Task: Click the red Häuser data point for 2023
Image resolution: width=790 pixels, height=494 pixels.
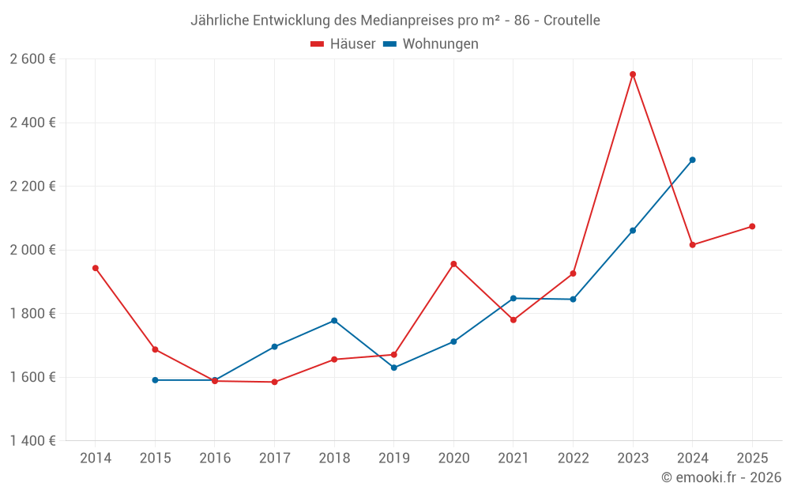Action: point(633,74)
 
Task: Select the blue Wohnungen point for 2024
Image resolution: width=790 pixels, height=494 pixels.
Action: point(693,160)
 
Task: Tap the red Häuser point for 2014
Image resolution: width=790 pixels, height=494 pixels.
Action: point(96,268)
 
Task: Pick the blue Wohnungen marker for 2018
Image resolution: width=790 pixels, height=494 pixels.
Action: point(334,320)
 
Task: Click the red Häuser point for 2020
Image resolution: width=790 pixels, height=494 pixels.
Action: point(453,264)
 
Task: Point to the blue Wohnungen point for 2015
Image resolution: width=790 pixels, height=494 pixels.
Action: point(155,380)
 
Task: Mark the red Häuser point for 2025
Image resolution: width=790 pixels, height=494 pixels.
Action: point(752,227)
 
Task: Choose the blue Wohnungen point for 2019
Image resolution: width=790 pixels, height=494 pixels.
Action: point(394,368)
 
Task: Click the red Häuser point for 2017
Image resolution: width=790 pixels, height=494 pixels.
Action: point(274,382)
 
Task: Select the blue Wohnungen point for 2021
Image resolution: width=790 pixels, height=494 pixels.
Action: point(513,298)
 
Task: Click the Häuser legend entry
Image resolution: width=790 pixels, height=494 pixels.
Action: point(343,44)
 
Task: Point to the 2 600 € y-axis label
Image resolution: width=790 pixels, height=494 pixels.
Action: point(32,59)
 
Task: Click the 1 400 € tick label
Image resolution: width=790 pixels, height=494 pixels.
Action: point(32,441)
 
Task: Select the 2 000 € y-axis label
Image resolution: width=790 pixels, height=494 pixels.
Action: point(32,250)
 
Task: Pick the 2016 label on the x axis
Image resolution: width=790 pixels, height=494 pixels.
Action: point(215,458)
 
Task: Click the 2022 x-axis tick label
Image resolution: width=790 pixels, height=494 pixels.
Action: point(573,458)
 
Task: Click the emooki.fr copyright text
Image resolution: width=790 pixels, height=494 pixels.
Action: point(721,477)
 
